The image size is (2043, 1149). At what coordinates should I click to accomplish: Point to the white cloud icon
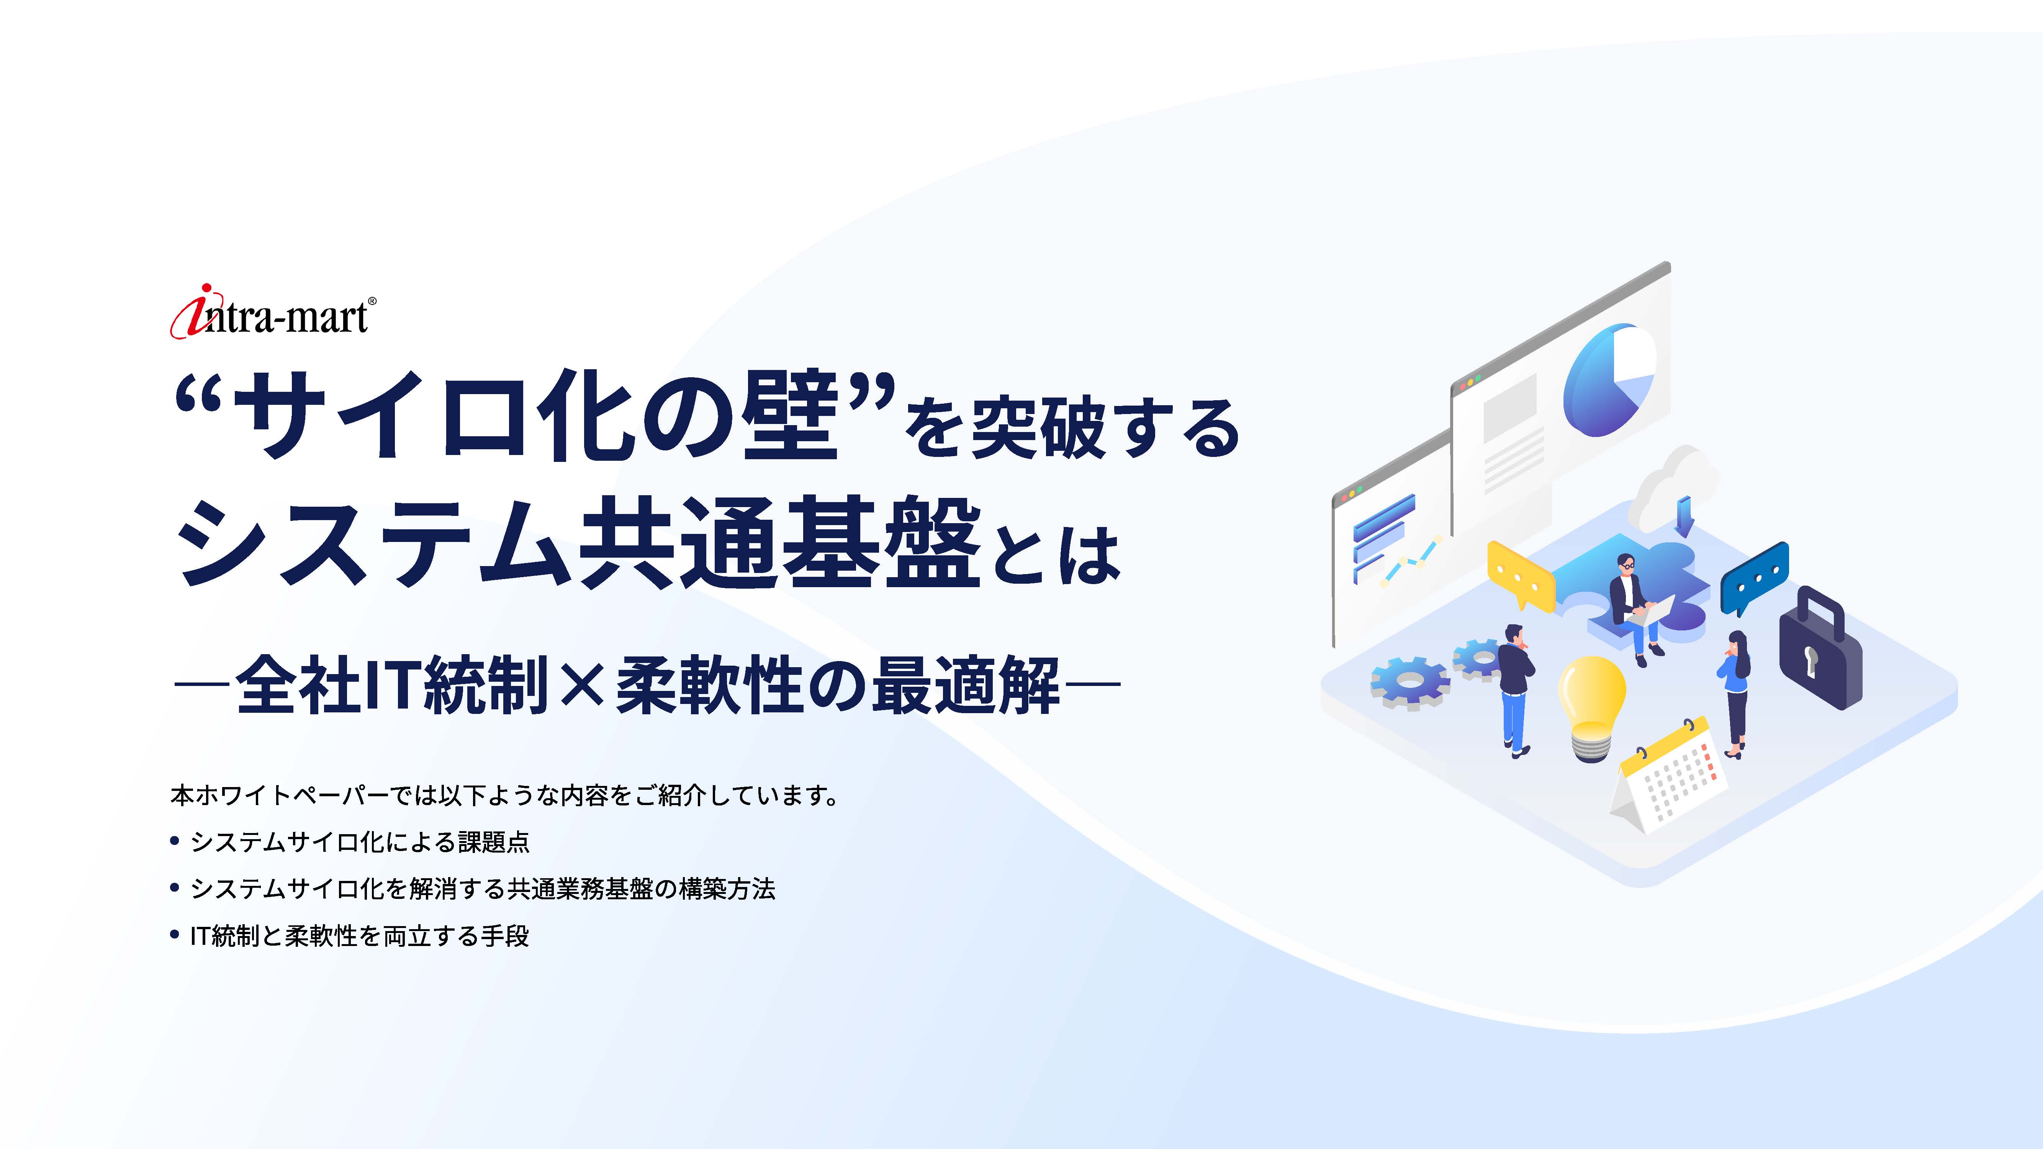coord(1673,485)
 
